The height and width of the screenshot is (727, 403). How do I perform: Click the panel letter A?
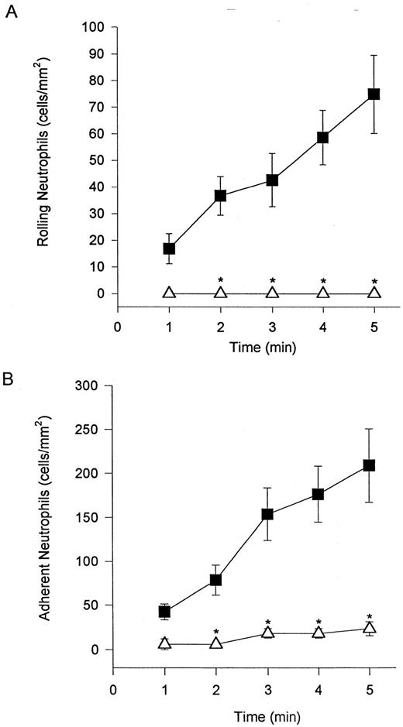[x=10, y=15]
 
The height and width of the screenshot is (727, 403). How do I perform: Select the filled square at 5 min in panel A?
[x=374, y=94]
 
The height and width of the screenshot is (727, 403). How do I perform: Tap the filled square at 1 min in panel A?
[x=169, y=249]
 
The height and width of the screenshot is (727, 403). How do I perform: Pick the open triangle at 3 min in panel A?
[x=272, y=293]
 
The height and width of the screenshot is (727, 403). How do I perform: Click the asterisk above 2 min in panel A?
[x=221, y=280]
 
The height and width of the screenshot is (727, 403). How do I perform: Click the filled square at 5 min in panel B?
[x=370, y=465]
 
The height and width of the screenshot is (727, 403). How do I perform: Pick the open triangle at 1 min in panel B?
[x=164, y=643]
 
